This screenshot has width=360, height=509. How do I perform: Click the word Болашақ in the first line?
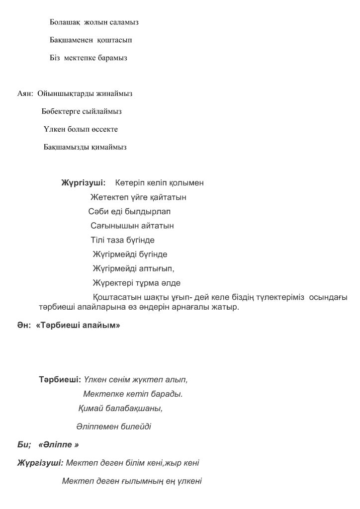[65, 22]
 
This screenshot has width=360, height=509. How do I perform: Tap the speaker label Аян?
[25, 93]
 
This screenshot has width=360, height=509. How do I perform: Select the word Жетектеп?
[107, 197]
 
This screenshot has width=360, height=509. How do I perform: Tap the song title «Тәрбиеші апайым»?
[78, 326]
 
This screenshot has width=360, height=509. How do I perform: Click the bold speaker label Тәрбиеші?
[60, 380]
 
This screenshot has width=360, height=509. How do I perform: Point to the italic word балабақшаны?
[134, 409]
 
